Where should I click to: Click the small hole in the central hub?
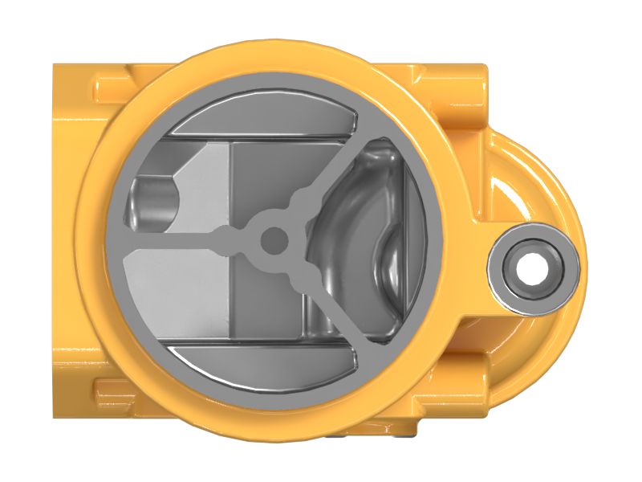(274, 239)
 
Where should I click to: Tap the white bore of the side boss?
(532, 268)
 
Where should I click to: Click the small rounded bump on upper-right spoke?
(303, 198)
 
